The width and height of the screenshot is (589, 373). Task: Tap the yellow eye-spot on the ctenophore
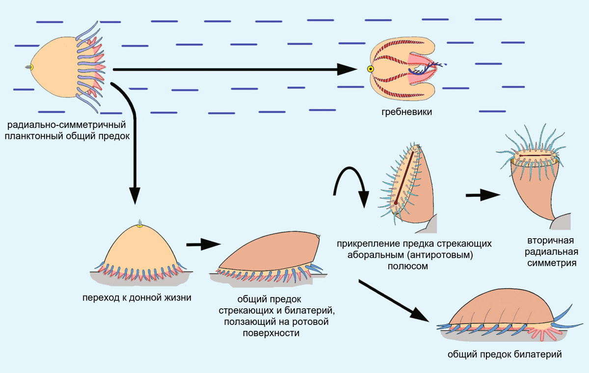pyautogui.click(x=371, y=69)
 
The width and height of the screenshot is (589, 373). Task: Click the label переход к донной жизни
pyautogui.click(x=137, y=297)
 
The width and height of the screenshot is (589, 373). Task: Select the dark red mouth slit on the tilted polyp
pyautogui.click(x=404, y=176)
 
